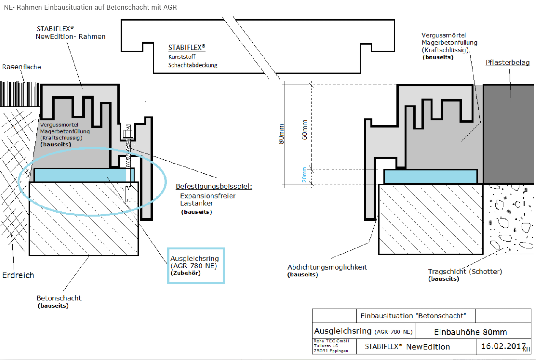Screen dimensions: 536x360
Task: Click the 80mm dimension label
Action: tap(282, 134)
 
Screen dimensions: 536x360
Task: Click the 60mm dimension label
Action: tap(304, 130)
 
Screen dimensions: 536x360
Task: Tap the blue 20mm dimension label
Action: tap(304, 175)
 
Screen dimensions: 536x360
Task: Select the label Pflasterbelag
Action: tap(508, 63)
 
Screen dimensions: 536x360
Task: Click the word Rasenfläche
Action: tap(22, 67)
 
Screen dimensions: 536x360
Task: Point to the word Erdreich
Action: tap(18, 275)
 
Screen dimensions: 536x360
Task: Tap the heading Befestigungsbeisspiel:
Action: tap(214, 186)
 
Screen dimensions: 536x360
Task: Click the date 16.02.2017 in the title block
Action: tap(503, 346)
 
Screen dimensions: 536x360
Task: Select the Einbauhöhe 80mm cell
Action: tap(470, 332)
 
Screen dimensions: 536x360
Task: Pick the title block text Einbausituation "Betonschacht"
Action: tap(413, 316)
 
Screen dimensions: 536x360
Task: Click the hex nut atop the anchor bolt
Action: tap(128, 133)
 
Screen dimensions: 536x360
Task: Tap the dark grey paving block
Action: tap(509, 134)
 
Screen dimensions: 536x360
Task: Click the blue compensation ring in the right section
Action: tap(430, 177)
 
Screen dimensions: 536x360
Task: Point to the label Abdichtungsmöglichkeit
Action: tap(327, 267)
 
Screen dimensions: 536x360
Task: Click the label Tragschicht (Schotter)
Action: tap(465, 272)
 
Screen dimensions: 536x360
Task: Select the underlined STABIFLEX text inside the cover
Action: tap(187, 47)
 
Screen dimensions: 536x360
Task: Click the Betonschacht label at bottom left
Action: tap(59, 298)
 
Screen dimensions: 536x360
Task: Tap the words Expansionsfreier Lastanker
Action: tap(208, 199)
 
